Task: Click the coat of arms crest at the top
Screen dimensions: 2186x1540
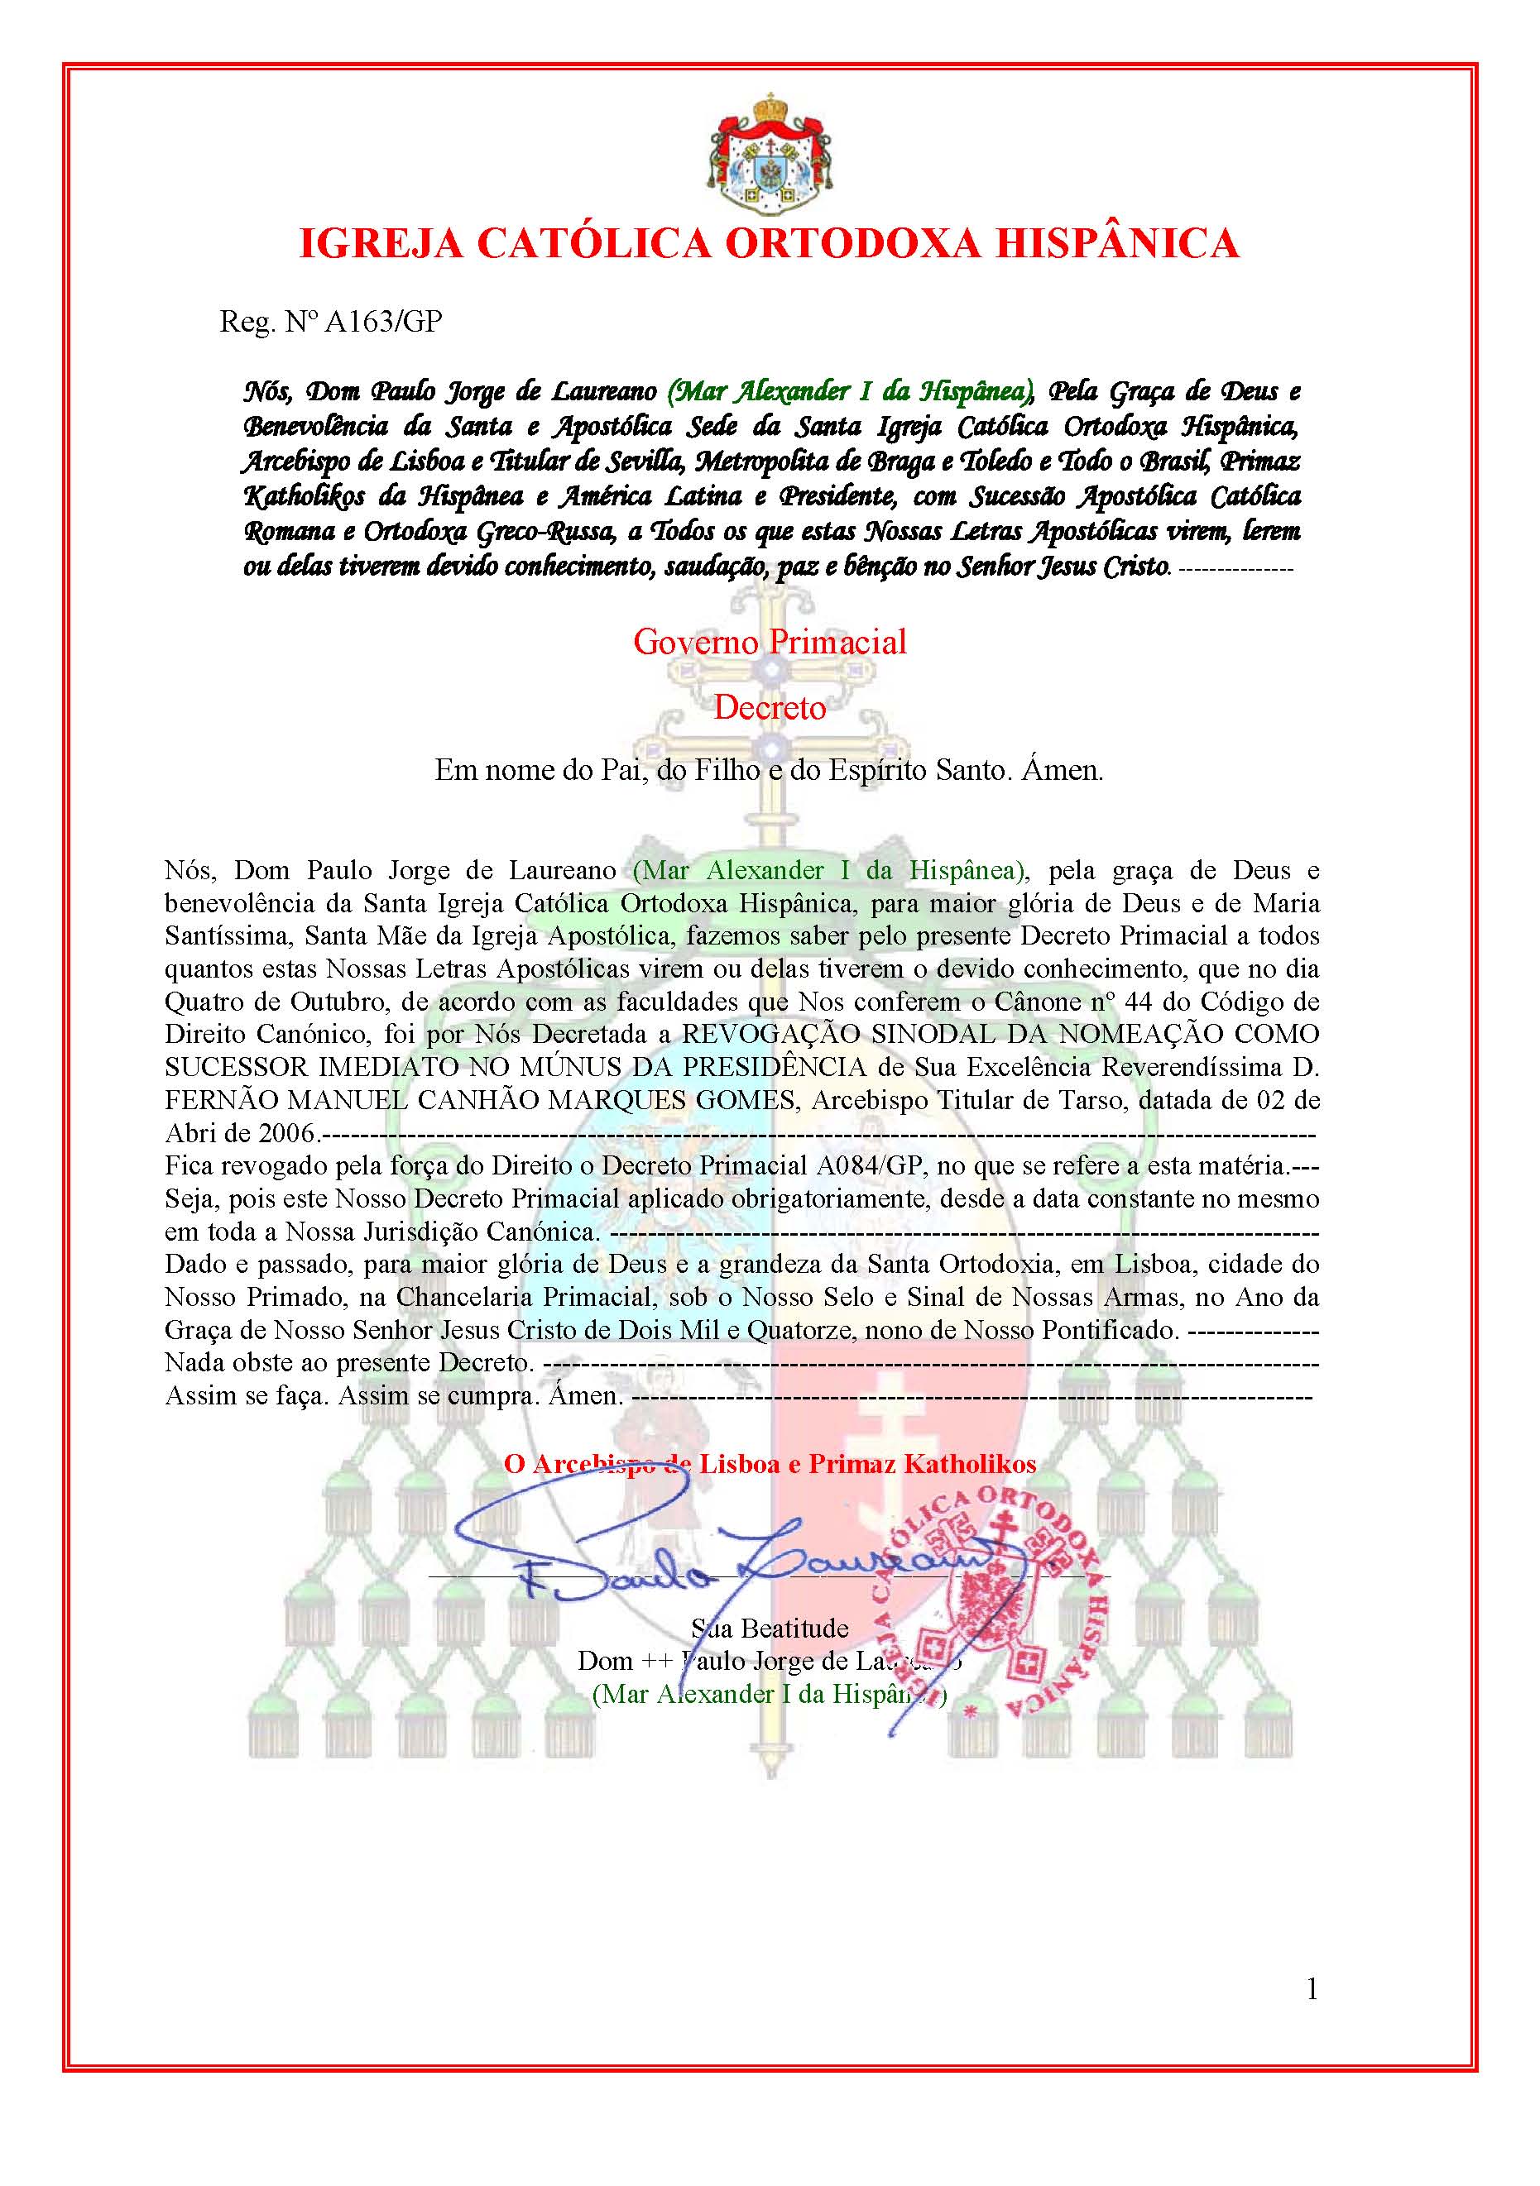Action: coord(770,154)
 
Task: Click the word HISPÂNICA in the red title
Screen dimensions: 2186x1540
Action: coord(1116,244)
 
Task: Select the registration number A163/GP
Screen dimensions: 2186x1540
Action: coord(384,322)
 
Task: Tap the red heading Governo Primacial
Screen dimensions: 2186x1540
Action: coord(770,642)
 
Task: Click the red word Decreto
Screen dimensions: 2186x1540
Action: coord(770,707)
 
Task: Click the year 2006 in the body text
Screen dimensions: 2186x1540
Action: coord(288,1133)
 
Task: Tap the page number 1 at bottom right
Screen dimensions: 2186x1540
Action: coord(1312,1989)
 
